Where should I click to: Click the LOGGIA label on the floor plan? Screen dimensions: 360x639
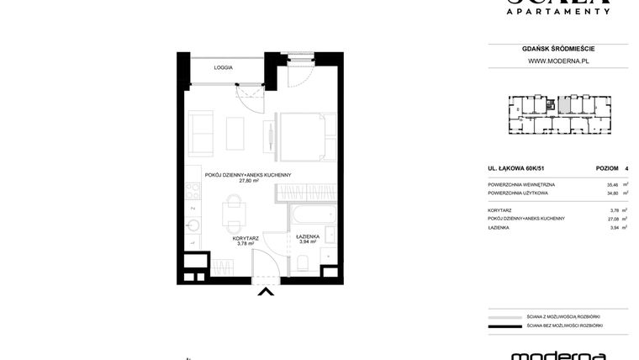pyautogui.click(x=223, y=67)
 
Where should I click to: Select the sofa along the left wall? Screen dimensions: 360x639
pyautogui.click(x=202, y=134)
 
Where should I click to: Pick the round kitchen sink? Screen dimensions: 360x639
pyautogui.click(x=193, y=225)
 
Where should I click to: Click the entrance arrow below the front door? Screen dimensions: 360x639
pyautogui.click(x=265, y=292)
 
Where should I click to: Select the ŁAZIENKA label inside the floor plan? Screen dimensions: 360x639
pyautogui.click(x=308, y=236)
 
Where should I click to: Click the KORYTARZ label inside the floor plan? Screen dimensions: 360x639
pyautogui.click(x=246, y=238)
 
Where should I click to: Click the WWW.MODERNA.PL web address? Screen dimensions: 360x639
pyautogui.click(x=557, y=61)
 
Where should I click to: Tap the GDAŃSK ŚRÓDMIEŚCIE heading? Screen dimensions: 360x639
pyautogui.click(x=557, y=49)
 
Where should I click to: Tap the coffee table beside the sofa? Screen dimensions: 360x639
pyautogui.click(x=235, y=134)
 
